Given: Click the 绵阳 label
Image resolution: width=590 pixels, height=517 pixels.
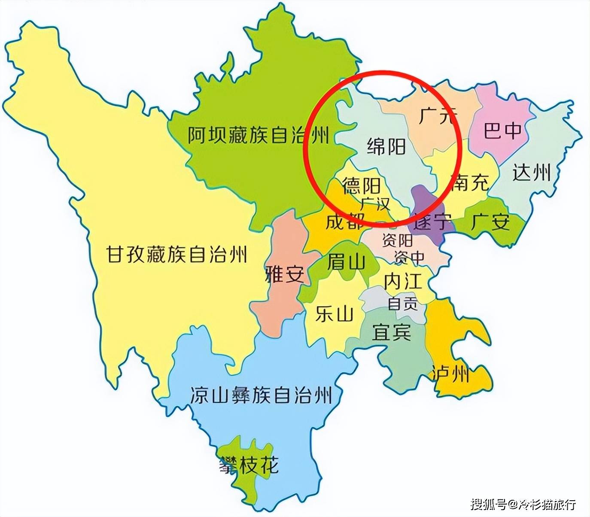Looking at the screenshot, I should click(x=386, y=147).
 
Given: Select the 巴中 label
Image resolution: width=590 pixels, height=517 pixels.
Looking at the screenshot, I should click(x=502, y=130).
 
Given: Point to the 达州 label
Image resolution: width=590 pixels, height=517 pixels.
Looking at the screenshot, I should click(x=532, y=173).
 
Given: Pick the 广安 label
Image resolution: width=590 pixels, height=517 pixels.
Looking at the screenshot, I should click(x=490, y=222).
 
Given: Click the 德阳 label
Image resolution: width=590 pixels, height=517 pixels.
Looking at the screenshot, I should click(x=361, y=186).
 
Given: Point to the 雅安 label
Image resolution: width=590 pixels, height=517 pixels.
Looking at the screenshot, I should click(x=285, y=274).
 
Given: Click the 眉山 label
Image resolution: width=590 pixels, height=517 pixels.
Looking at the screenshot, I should click(x=346, y=262).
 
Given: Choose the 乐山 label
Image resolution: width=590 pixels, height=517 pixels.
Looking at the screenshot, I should click(x=334, y=314).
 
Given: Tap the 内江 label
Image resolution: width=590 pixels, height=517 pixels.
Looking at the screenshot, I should click(x=403, y=282).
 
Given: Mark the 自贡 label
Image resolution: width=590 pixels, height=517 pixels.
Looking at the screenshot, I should click(x=402, y=304).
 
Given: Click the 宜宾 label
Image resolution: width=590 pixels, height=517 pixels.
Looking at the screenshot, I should click(x=391, y=331).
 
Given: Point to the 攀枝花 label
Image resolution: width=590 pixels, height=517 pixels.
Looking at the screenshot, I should click(x=249, y=465).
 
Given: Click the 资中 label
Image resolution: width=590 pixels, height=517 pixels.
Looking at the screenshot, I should click(x=409, y=257).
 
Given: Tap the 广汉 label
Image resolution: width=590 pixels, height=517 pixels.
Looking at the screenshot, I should click(x=375, y=203).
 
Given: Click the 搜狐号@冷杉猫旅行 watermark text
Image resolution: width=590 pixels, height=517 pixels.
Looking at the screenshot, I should click(x=523, y=504).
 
